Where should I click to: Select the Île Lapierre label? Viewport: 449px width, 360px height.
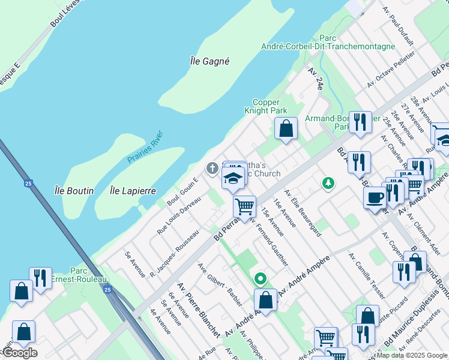pos(133,191)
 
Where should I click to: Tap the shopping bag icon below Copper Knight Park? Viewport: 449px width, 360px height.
pos(286,128)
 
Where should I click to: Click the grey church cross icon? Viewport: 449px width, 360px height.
pos(211,169)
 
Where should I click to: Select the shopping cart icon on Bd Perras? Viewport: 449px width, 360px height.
pos(244,206)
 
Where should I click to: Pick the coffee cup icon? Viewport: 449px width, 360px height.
pos(375,197)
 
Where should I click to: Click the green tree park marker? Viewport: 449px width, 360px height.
pos(328,182)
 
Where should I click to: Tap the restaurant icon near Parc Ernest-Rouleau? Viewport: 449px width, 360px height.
pos(40,278)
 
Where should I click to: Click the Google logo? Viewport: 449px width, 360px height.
pos(20,353)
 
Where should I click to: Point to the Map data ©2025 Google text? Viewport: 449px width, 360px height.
pos(411,355)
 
